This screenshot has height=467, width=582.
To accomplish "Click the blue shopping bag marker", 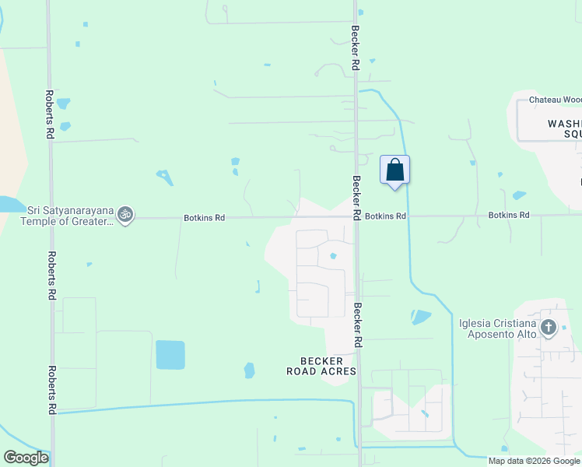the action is pos(394,170).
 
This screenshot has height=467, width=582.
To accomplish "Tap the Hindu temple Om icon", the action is pos(125,214).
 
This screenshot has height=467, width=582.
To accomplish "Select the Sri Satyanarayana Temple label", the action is pos(71,215).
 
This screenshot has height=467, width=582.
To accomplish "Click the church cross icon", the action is pos(549,328).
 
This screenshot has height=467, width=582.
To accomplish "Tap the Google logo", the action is pos(26,458).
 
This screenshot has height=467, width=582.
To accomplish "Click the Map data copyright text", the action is pos(534,461).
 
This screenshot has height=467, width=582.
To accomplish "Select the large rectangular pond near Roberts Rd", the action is pos(170,354).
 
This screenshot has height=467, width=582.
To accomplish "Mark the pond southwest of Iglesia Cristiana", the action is pos(420,317).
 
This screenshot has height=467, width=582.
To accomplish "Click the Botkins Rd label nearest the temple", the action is pos(204,218).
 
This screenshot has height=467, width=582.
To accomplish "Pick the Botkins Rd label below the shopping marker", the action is pos(385,216).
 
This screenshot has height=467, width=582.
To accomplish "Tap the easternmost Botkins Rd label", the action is pos(509,215).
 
